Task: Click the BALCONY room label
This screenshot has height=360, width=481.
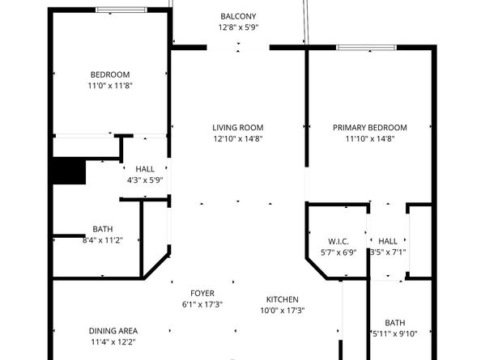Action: [x=238, y=16]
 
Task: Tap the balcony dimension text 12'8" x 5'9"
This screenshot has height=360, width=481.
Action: [x=238, y=28]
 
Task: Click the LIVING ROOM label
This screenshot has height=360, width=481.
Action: [x=238, y=127]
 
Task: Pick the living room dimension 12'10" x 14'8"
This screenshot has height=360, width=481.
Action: [x=238, y=138]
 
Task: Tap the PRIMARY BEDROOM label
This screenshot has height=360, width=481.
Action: [x=370, y=127]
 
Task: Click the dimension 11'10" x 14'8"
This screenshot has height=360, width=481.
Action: [x=370, y=138]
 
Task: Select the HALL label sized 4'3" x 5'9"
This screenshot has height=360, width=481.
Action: [x=145, y=168]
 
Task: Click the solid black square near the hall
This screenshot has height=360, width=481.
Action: [x=69, y=172]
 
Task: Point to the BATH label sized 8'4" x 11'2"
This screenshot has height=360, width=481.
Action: [x=102, y=228]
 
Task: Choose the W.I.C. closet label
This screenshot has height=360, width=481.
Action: [x=338, y=240]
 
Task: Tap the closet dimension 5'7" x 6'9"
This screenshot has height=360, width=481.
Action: [x=338, y=252]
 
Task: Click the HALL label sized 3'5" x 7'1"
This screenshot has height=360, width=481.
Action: [x=388, y=240]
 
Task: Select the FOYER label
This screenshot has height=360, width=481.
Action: [x=202, y=293]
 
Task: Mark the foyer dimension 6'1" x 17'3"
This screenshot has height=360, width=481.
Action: [x=202, y=304]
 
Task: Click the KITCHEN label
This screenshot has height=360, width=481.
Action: [x=282, y=299]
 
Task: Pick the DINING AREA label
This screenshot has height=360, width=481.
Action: [x=113, y=330]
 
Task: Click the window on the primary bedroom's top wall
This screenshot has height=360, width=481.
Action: [x=367, y=47]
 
